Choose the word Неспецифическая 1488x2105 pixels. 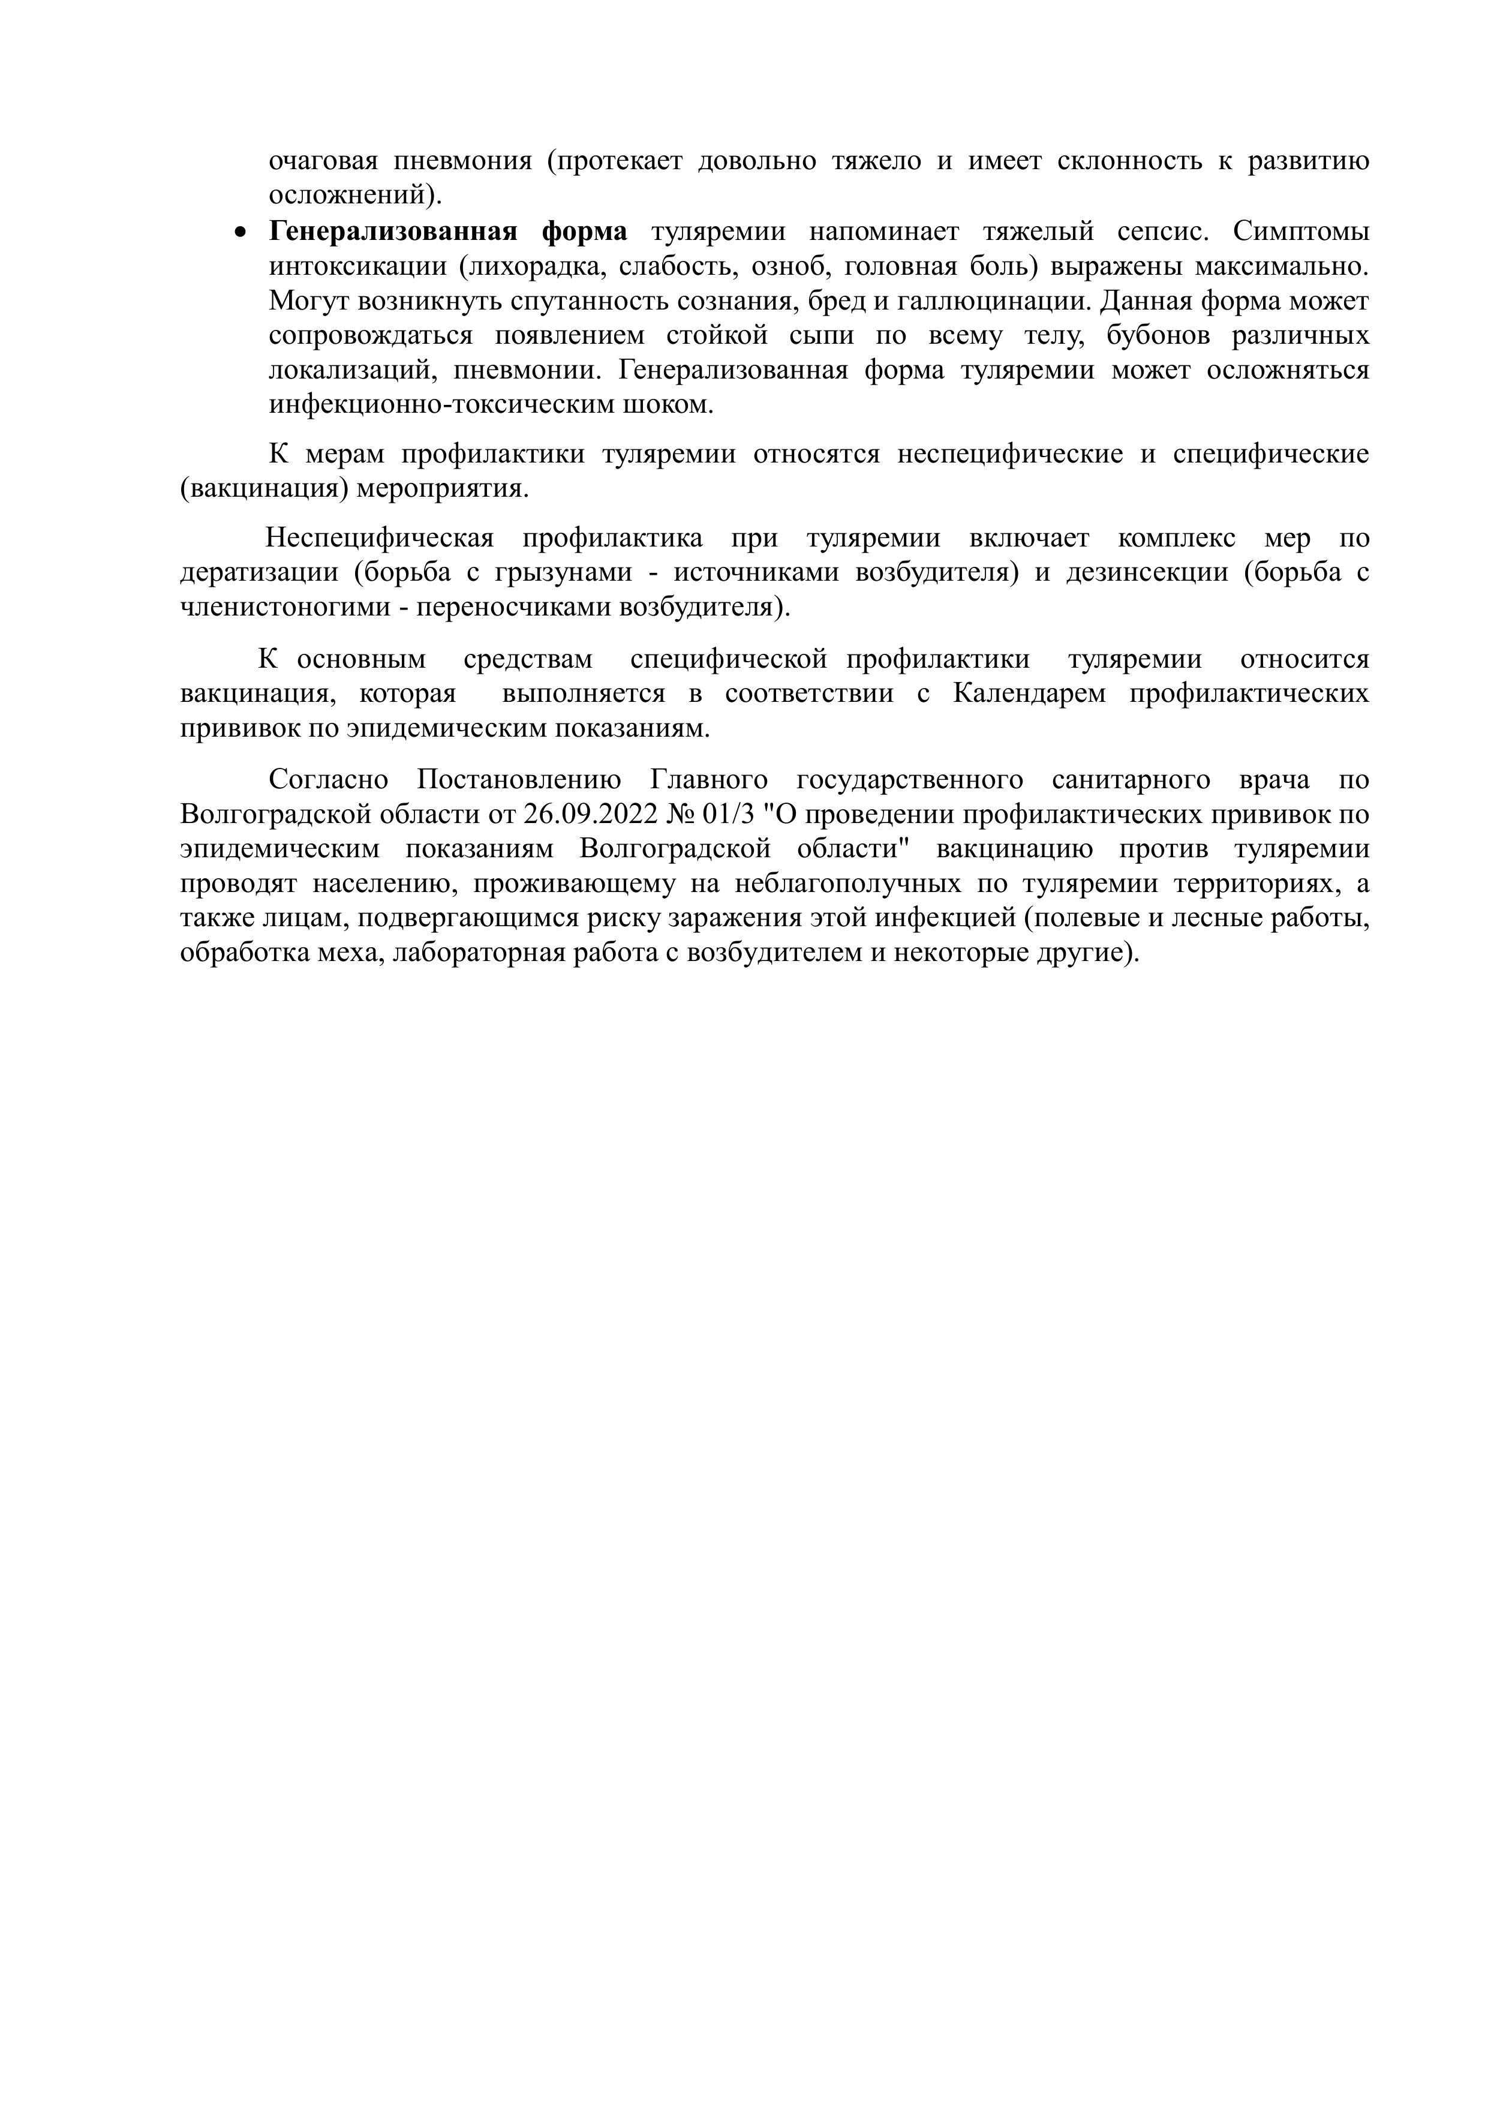380,538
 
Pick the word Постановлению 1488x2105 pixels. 519,780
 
